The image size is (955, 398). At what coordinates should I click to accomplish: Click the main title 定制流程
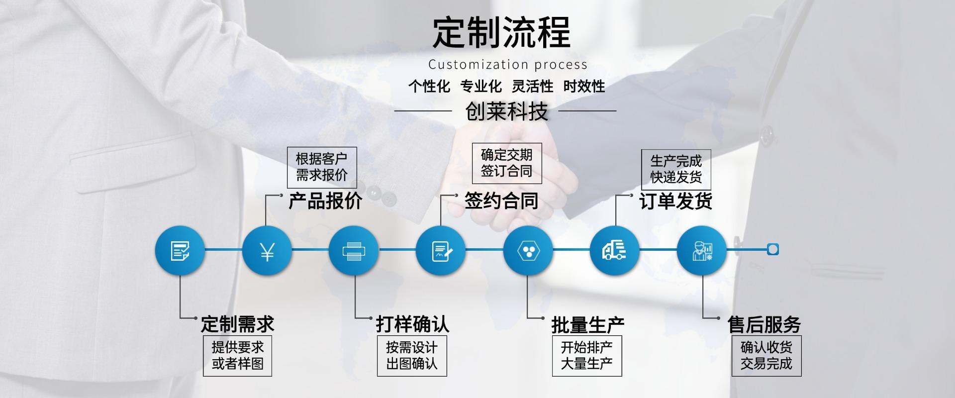[501, 32]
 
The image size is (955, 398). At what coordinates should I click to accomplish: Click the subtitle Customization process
[508, 65]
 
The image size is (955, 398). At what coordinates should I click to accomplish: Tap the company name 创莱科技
[506, 111]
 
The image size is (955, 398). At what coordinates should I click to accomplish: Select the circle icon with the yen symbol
[267, 250]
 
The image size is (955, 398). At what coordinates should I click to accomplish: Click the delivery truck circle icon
[614, 250]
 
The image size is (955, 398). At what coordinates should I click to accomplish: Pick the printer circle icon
[354, 250]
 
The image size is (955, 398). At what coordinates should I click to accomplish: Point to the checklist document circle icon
[180, 250]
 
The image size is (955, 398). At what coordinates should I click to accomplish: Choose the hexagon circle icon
[528, 250]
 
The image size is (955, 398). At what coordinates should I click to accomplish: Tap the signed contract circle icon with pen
[441, 250]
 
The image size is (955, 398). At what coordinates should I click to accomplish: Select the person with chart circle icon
[702, 250]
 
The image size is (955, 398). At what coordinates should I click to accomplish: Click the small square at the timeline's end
[772, 250]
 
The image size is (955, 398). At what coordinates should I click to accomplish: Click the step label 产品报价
[325, 201]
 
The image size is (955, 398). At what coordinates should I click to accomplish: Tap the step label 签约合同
[501, 201]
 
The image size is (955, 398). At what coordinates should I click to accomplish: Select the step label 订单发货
[675, 201]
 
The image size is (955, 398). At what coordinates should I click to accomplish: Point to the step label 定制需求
[237, 324]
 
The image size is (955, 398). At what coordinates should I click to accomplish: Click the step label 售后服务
[764, 324]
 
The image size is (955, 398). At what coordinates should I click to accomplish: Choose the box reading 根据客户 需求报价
[322, 167]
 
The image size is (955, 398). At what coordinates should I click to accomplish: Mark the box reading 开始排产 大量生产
[587, 356]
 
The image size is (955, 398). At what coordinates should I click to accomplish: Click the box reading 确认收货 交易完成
[766, 356]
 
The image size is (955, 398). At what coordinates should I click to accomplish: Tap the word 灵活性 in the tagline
[532, 87]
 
